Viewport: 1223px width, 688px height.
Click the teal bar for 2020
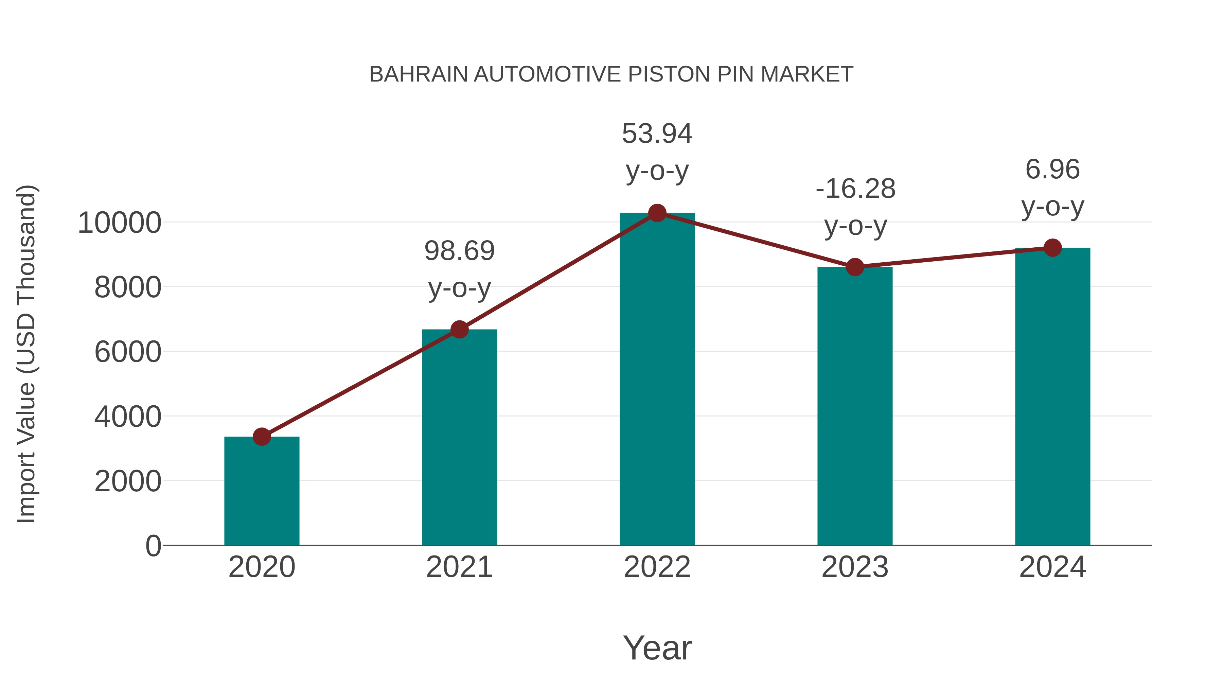[x=262, y=491]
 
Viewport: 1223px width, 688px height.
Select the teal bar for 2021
[x=459, y=437]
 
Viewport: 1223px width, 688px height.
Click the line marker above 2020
[x=262, y=436]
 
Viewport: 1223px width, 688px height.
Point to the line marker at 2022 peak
[x=657, y=213]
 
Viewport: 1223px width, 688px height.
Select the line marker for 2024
[x=1052, y=247]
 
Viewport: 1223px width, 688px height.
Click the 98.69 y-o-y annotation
[x=459, y=269]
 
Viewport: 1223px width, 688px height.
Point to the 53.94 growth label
[x=657, y=152]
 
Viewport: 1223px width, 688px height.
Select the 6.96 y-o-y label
[x=1052, y=188]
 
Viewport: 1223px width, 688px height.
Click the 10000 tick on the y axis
[x=119, y=223]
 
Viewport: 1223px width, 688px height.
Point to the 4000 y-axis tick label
[x=127, y=417]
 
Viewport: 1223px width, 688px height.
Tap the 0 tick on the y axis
[x=153, y=546]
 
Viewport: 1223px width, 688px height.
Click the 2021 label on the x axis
[x=459, y=567]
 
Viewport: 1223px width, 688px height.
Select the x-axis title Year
[x=657, y=648]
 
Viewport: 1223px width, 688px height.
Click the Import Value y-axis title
[x=26, y=354]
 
